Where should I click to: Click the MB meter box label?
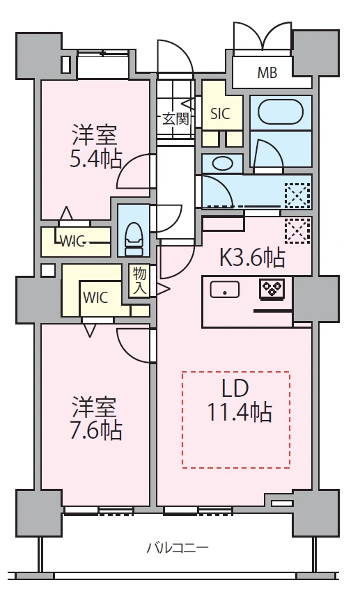click(267, 72)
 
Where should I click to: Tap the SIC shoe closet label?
click(220, 114)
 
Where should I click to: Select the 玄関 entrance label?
click(175, 118)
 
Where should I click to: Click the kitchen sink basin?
click(224, 290)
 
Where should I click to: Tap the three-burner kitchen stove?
click(272, 289)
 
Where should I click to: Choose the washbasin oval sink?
click(222, 163)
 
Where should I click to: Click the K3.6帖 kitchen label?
click(253, 257)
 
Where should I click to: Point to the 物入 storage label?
click(139, 281)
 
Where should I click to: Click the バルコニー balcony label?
click(178, 548)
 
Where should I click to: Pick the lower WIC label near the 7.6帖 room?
click(95, 298)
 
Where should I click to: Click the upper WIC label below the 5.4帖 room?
click(72, 242)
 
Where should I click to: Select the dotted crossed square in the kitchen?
click(298, 230)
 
